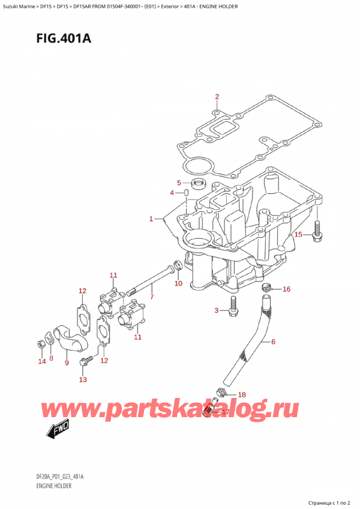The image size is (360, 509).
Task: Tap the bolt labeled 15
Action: [x=316, y=236]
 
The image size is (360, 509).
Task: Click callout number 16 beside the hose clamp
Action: [x=286, y=289]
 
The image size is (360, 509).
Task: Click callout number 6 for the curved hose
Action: [x=273, y=342]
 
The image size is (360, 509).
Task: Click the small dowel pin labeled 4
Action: [x=187, y=193]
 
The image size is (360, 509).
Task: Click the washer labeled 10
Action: [x=178, y=266]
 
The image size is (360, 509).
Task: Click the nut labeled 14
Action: [x=40, y=344]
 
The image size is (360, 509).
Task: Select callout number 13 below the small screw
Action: [x=83, y=379]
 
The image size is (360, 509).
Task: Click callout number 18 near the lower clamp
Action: [x=241, y=394]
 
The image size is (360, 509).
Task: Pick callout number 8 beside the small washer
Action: [x=52, y=358]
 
